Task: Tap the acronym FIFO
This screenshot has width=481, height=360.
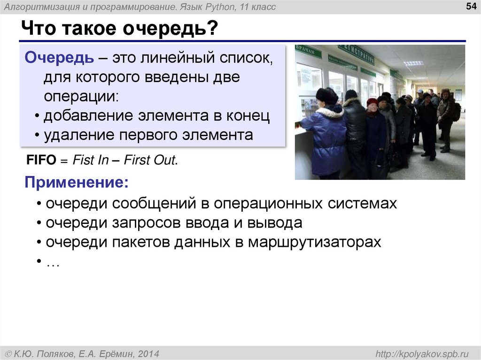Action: pos(41,160)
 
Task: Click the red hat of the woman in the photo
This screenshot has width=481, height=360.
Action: pos(372,102)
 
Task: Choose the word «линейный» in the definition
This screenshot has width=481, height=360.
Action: pos(179,59)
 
